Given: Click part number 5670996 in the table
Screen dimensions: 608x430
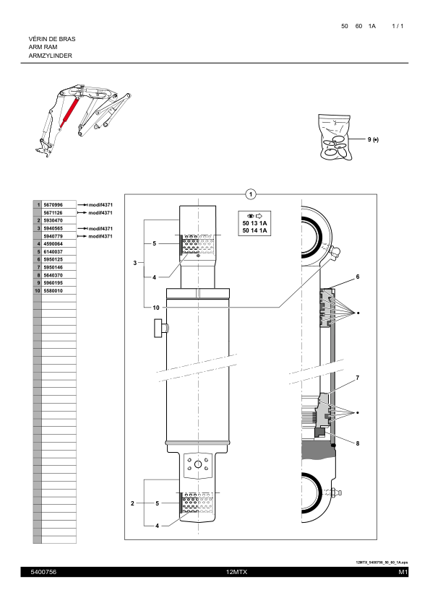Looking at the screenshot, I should coord(53,205).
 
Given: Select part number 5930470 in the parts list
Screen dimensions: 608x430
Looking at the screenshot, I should coord(53,220).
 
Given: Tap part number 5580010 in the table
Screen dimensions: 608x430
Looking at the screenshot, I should coord(53,290).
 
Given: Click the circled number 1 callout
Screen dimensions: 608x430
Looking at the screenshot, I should coord(250,194).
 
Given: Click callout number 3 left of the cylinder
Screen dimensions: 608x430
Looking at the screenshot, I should coord(134,263).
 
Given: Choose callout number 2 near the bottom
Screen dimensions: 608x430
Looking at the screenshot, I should coord(133,502).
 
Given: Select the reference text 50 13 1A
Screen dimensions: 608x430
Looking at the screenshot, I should coord(254,223).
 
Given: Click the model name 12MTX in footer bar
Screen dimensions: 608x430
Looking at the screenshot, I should coord(236,572).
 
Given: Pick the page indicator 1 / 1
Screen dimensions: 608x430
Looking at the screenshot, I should coord(397,26).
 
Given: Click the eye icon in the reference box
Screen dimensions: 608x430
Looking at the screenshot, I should coord(249,215).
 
